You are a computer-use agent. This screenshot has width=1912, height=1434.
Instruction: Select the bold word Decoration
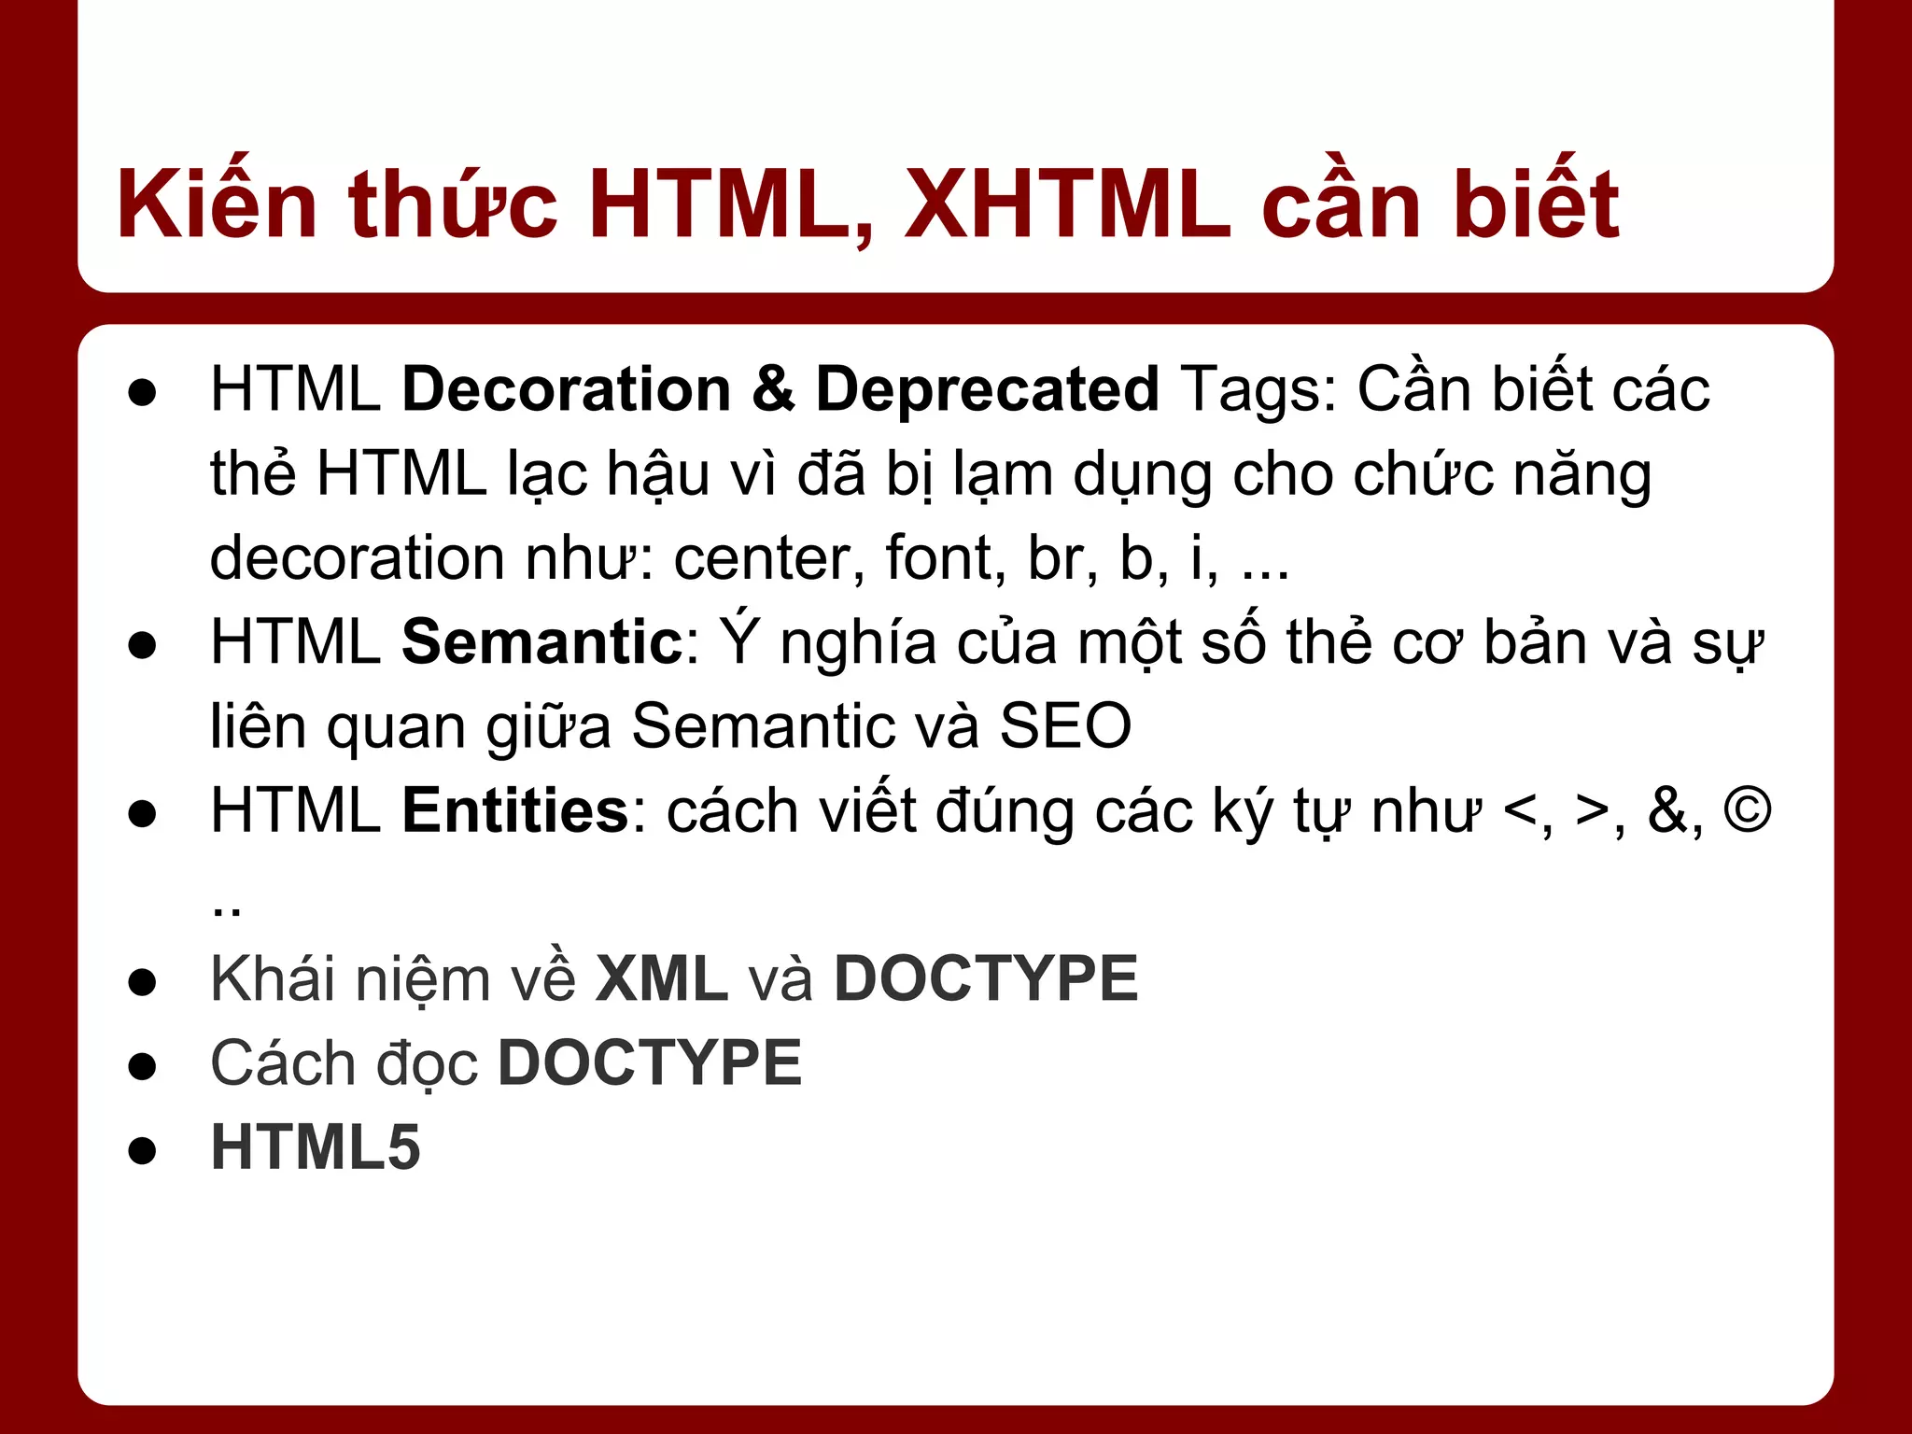566,389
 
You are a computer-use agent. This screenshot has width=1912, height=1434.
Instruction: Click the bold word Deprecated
987,389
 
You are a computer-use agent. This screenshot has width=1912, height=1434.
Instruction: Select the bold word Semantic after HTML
542,642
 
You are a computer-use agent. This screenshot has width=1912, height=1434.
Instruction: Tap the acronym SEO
1065,726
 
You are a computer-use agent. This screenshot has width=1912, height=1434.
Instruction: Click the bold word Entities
515,810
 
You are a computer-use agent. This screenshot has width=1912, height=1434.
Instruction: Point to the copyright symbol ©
1747,810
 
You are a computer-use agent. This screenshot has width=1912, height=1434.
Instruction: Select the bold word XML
661,979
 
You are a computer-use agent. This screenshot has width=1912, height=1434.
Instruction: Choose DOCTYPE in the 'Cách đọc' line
650,1063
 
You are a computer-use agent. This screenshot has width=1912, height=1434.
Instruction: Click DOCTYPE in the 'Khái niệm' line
986,979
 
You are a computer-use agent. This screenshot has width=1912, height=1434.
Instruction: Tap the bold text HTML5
316,1147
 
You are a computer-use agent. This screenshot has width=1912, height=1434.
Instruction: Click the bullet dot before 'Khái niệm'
142,983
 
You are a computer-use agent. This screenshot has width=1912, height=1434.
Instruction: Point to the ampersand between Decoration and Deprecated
773,389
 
